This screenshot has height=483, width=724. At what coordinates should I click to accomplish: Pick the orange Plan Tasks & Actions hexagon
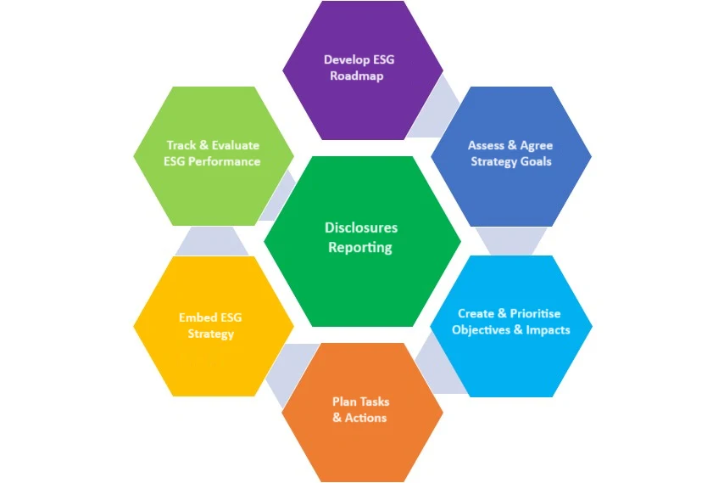(362, 411)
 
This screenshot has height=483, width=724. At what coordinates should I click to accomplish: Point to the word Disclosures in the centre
(361, 227)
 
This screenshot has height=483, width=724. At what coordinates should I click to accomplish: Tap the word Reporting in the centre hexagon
(360, 248)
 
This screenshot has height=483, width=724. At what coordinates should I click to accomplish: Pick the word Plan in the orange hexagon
(344, 402)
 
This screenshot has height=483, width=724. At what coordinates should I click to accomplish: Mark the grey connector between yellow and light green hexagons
(212, 240)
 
